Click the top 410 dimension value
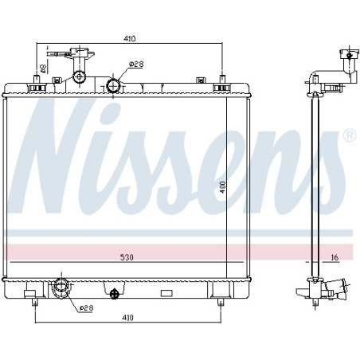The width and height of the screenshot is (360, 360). (x=130, y=39)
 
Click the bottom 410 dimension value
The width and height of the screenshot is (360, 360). (x=127, y=318)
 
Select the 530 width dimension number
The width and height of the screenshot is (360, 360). (x=127, y=257)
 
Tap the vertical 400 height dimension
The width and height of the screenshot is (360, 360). (x=222, y=187)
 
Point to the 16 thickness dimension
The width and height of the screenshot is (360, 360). (x=335, y=257)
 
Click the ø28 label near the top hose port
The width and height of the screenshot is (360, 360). (x=136, y=64)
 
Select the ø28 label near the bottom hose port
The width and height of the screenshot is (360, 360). (x=87, y=308)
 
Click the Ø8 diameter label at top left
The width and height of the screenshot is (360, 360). (x=43, y=68)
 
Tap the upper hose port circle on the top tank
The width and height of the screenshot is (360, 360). (x=113, y=86)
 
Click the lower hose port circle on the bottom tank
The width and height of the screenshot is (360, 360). (x=61, y=286)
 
